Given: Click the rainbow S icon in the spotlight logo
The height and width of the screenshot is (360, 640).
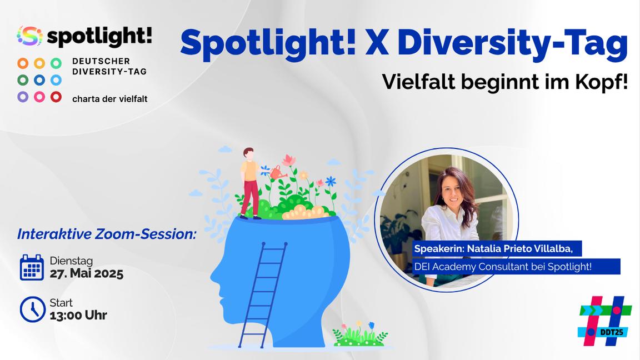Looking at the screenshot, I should tap(30, 36).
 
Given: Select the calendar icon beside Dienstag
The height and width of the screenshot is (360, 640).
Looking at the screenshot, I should tap(32, 267).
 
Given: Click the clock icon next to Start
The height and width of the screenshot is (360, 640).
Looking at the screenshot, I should tap(32, 309).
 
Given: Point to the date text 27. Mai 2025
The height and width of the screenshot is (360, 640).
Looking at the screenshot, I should tap(86, 274).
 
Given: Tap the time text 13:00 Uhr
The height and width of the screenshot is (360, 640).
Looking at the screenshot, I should tap(78, 316).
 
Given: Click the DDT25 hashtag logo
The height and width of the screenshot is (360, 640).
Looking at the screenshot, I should tap(604, 321).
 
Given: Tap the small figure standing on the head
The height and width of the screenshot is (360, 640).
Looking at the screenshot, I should tap(251, 182).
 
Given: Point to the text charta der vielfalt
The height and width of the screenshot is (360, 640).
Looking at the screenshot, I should tap(110, 99).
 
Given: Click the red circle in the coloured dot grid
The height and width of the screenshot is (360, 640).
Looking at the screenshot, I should tap(56, 97).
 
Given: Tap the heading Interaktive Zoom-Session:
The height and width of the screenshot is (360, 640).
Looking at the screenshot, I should tap(107, 234).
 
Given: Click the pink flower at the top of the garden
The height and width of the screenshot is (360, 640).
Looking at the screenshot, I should tap(288, 161).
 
